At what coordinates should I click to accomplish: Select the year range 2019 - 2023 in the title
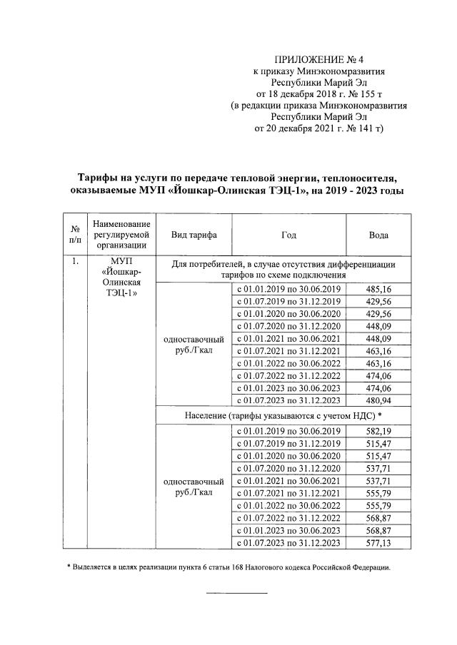pos(348,191)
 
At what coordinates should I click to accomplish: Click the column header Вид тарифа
pos(195,235)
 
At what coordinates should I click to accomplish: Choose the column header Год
pos(288,235)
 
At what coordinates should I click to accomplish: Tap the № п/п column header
pos(75,235)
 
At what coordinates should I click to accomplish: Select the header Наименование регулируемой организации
pos(121,235)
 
